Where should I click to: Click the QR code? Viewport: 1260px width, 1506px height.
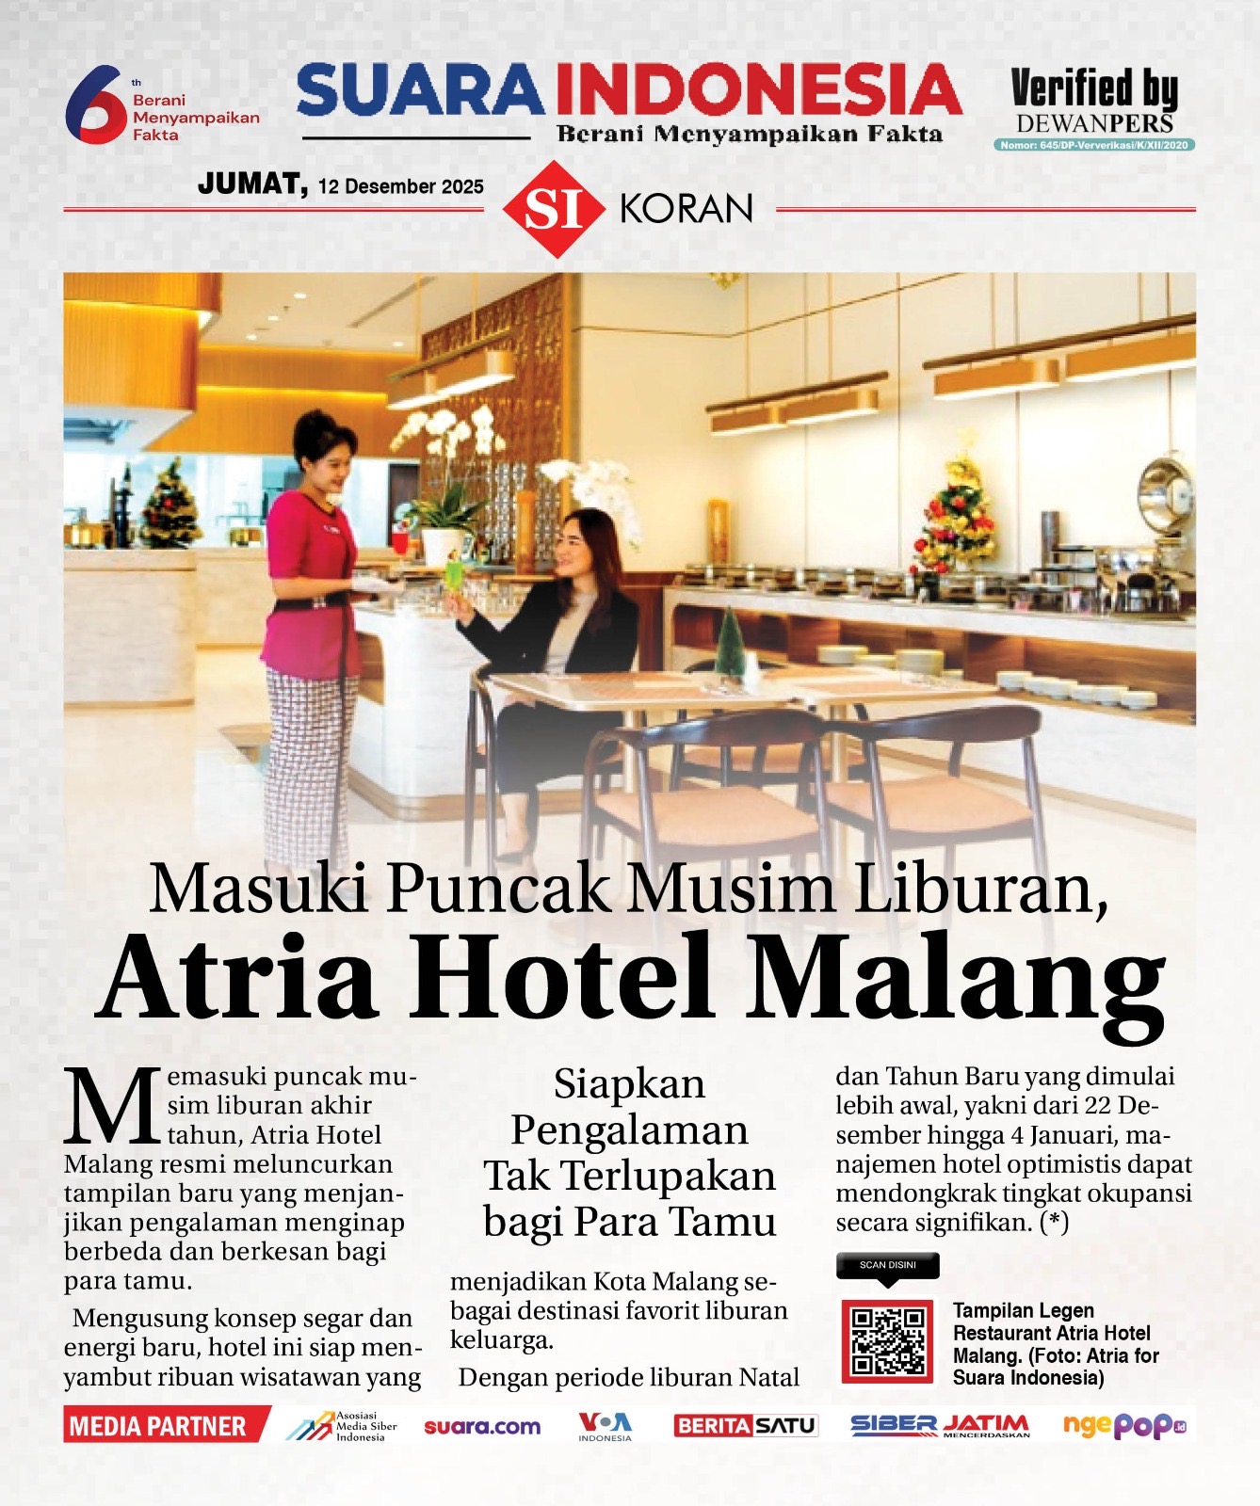click(887, 1340)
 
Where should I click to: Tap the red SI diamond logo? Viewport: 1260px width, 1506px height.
click(553, 209)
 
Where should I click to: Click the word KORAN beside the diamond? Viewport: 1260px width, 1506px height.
click(687, 209)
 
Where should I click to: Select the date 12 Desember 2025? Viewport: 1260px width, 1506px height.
click(400, 186)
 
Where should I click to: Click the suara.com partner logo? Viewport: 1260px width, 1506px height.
click(482, 1427)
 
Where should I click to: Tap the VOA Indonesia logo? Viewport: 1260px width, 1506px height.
click(605, 1426)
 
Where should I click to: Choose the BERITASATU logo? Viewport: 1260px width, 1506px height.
click(745, 1426)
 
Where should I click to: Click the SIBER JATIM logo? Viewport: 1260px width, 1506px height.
click(940, 1426)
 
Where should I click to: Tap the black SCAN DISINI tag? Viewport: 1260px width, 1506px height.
click(888, 1265)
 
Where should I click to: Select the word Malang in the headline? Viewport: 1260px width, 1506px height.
click(956, 979)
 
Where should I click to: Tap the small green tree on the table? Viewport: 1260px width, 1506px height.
click(729, 644)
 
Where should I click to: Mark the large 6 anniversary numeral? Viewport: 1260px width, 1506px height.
click(94, 104)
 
